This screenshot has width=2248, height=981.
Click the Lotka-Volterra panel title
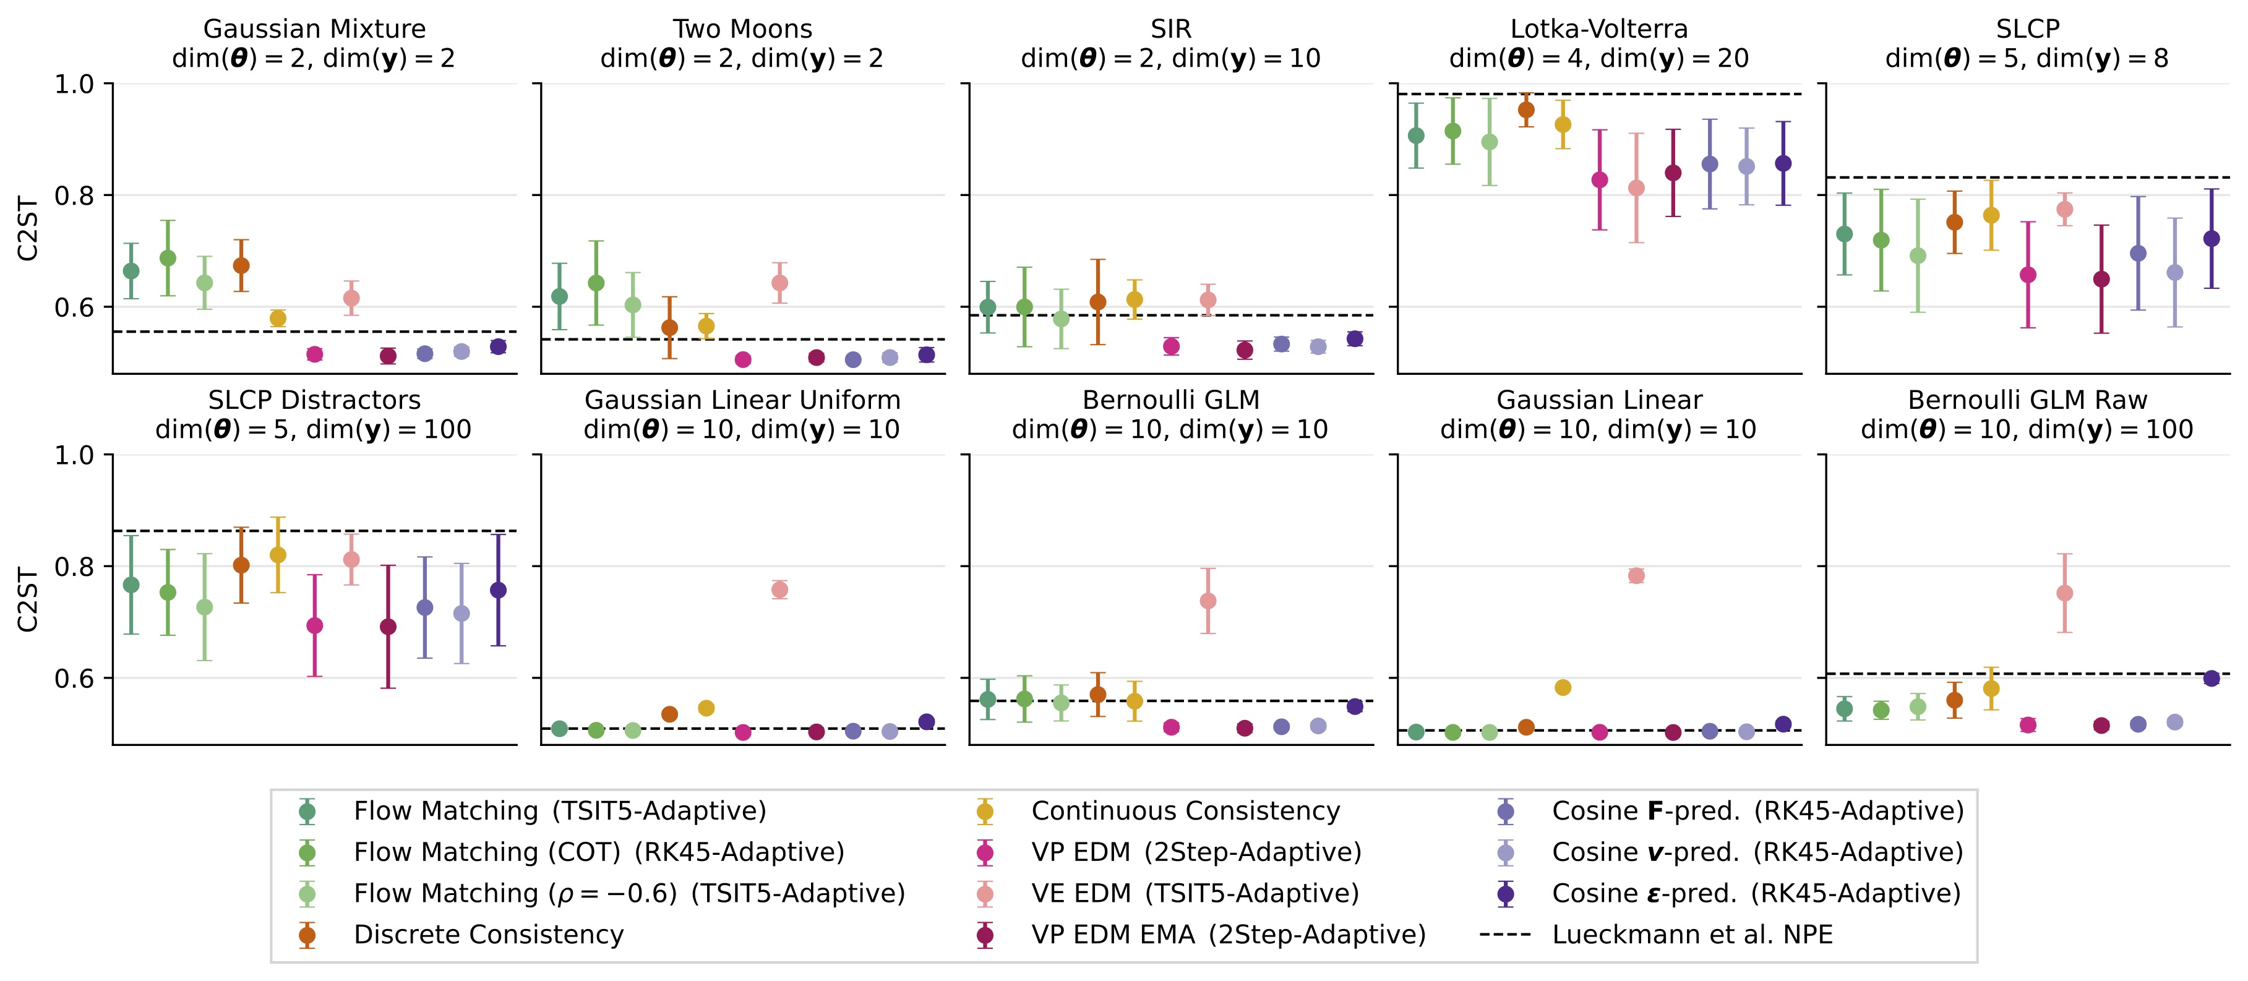coord(1598,29)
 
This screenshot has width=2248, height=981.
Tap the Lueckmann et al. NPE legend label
coord(1691,935)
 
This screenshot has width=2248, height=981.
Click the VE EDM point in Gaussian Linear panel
coord(1636,576)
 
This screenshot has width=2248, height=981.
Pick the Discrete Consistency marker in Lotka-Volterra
coord(1526,110)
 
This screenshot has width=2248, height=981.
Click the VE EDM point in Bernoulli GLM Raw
coord(2065,594)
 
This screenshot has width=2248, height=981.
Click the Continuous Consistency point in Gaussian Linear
coord(1563,688)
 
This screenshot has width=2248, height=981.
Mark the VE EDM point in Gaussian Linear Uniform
coord(780,590)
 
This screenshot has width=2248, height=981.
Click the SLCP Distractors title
coord(314,400)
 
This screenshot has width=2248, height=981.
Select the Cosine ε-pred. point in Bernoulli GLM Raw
coord(2212,678)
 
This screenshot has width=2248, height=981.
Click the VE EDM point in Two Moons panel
coord(780,283)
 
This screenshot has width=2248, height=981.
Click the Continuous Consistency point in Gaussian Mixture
coord(278,319)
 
